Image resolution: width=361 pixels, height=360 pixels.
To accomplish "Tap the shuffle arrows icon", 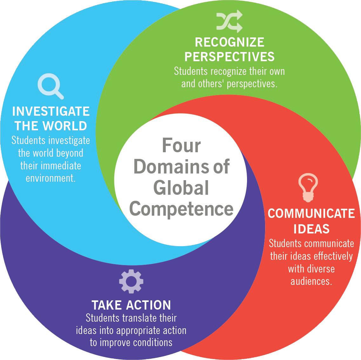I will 230,22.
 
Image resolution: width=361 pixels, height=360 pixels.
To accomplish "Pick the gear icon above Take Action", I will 131,281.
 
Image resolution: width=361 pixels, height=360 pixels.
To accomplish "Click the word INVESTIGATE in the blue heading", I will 51,112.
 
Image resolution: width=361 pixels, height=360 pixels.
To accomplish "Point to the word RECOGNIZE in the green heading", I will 229,42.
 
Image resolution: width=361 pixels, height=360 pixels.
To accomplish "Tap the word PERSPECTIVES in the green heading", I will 229,56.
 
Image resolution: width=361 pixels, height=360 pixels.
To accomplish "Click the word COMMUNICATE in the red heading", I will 311,213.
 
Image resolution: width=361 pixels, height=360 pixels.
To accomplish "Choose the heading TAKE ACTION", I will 131,305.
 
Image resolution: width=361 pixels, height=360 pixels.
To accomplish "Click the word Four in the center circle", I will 181,146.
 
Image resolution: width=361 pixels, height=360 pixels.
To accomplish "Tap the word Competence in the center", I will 181,209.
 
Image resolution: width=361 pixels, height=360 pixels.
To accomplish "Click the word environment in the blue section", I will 50,178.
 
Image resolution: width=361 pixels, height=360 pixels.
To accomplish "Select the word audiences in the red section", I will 311,281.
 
